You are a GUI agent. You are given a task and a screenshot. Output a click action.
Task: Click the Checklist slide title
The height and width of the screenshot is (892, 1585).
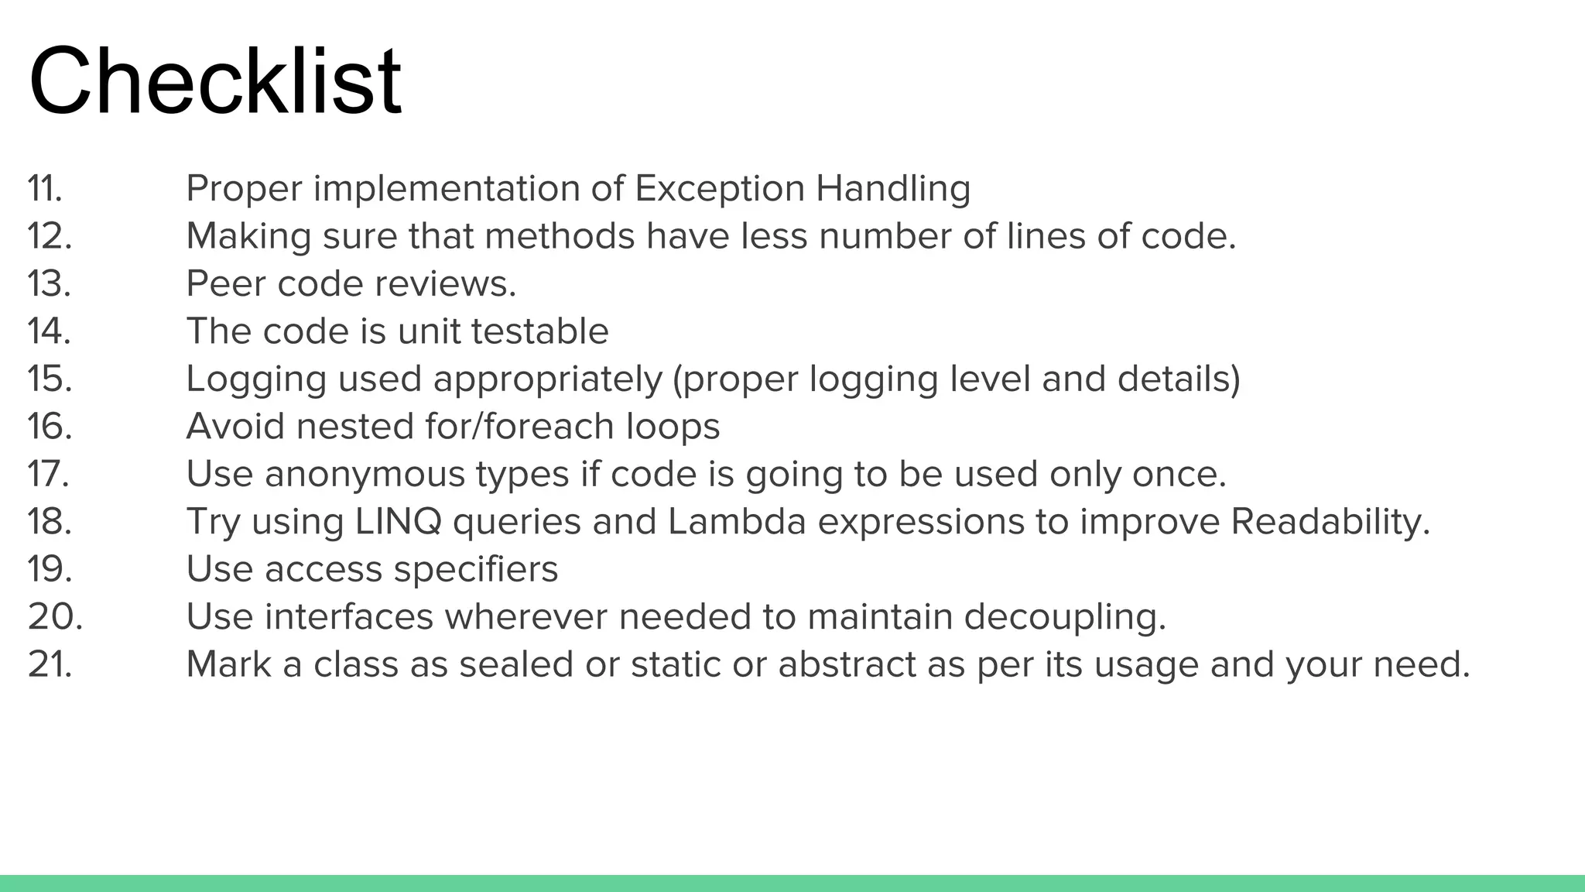pyautogui.click(x=215, y=82)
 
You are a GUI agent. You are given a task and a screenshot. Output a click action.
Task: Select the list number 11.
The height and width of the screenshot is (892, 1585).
pyautogui.click(x=45, y=189)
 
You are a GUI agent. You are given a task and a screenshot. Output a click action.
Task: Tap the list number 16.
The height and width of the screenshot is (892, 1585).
pyautogui.click(x=50, y=427)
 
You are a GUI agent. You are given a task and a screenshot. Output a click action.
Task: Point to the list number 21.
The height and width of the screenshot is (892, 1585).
pyautogui.click(x=50, y=664)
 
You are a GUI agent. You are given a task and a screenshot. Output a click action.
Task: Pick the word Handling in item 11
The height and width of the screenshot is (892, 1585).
pyautogui.click(x=893, y=189)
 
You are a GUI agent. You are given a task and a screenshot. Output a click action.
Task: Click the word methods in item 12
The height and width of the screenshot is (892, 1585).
pyautogui.click(x=560, y=236)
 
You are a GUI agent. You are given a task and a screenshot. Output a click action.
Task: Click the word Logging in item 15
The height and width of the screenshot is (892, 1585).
pyautogui.click(x=256, y=379)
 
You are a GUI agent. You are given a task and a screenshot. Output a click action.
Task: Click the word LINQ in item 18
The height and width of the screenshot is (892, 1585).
pyautogui.click(x=399, y=522)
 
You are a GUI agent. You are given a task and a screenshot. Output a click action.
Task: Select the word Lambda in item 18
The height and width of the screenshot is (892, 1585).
pyautogui.click(x=737, y=522)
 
